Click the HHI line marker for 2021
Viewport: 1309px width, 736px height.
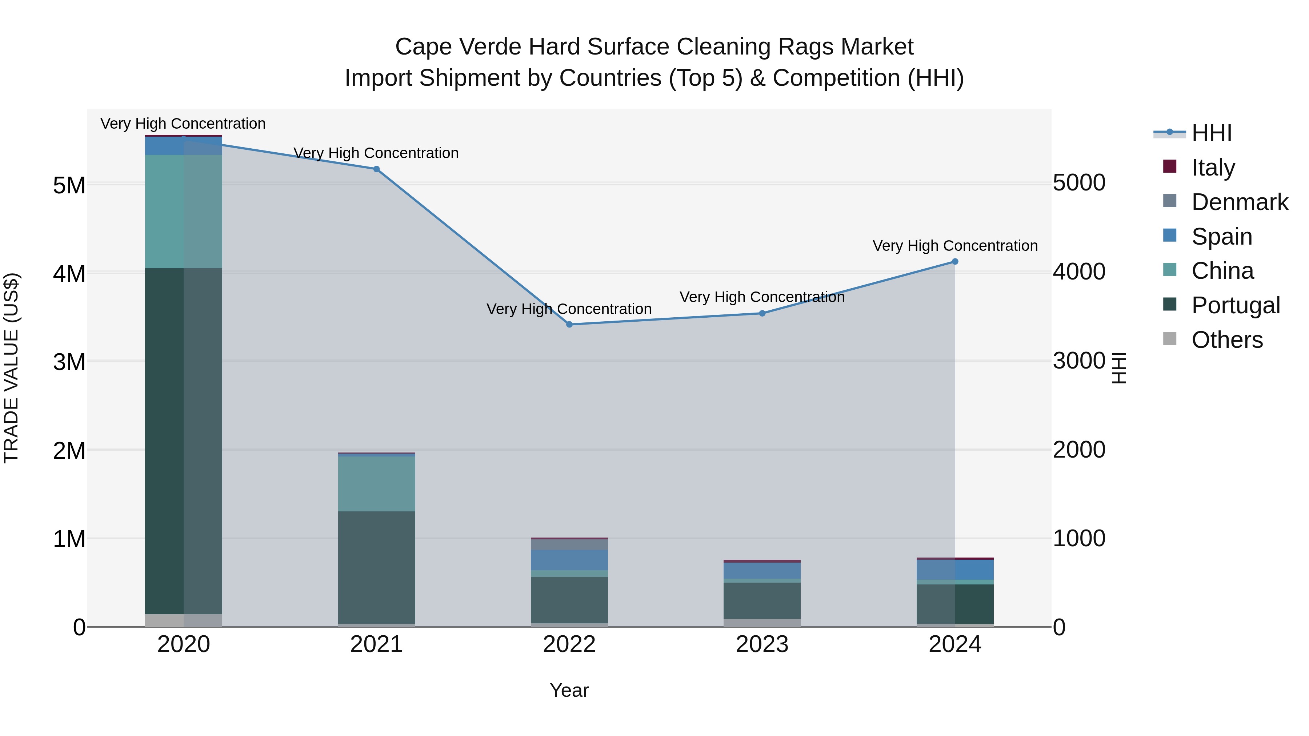377,169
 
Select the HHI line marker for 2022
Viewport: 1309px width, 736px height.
569,325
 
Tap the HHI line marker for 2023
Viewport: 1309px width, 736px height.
762,313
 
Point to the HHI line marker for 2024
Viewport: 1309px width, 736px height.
955,262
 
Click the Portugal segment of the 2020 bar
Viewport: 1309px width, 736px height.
184,441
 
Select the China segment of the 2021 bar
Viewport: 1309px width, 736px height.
377,483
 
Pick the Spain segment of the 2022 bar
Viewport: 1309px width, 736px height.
569,560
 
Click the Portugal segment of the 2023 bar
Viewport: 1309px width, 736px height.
762,600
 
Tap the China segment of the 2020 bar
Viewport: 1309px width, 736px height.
184,211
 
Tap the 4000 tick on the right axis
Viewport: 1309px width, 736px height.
1079,272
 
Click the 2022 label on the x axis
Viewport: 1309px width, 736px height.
569,644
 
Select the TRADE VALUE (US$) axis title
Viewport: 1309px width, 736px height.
12,368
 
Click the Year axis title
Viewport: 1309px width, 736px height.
569,690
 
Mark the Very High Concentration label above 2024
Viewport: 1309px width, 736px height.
955,246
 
